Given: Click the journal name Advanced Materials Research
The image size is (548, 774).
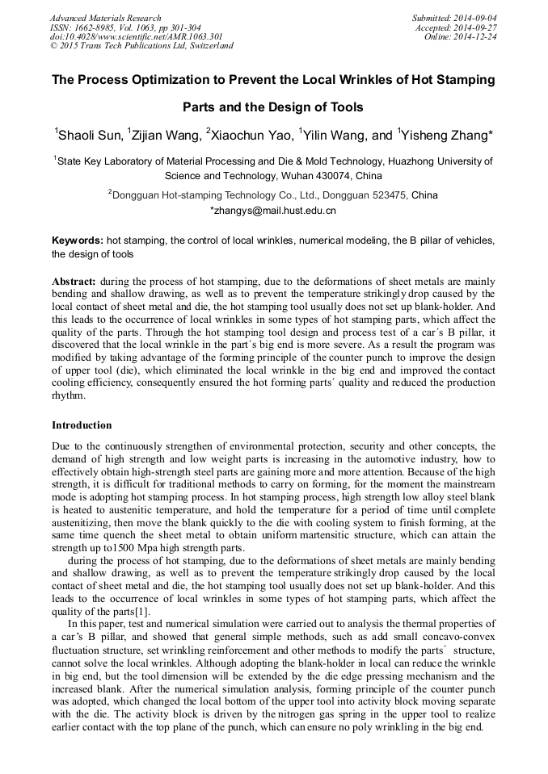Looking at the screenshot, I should point(105,18).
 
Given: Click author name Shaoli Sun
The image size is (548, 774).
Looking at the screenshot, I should point(90,135).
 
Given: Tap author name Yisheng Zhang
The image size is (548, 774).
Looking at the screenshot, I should point(445,135).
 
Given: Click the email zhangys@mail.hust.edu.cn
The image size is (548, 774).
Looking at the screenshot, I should point(275,211).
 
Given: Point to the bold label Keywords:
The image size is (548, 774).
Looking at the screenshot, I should point(78,241).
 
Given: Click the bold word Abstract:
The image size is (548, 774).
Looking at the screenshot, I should point(74,281).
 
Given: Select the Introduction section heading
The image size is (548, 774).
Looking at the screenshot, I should point(82,425).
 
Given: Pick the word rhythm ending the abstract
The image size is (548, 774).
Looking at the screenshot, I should point(69,395).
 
